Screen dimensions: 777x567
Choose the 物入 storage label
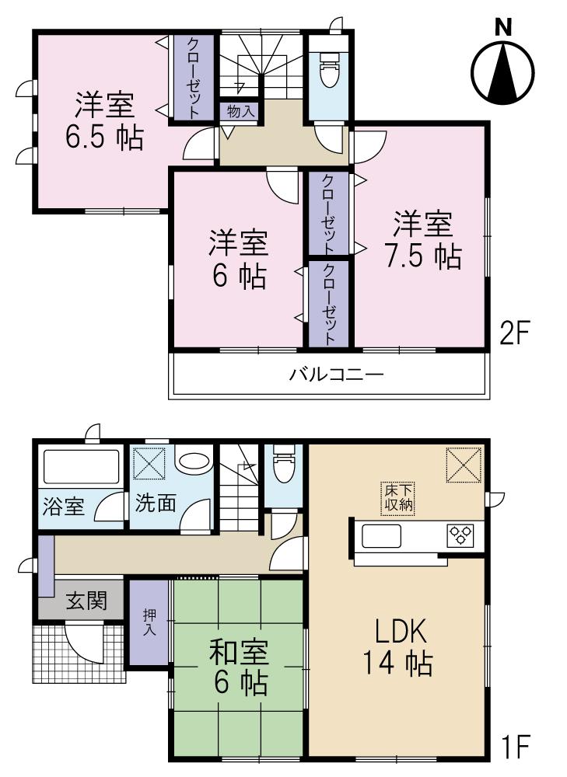click(240, 111)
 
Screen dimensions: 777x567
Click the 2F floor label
click(515, 335)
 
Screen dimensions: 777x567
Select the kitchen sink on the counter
click(379, 535)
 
